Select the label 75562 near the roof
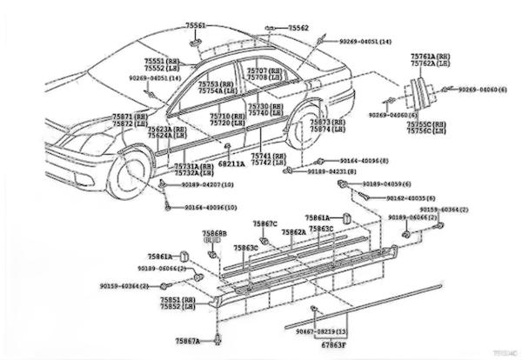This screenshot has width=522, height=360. click(x=299, y=28)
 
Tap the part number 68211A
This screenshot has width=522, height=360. click(x=231, y=163)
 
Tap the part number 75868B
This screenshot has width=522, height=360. click(x=215, y=234)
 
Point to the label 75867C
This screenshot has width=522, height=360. click(x=265, y=224)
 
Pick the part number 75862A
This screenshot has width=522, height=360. click(x=293, y=232)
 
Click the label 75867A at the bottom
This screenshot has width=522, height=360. click(x=187, y=340)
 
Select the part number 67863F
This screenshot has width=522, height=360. click(x=331, y=345)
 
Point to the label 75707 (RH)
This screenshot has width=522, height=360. click(x=264, y=70)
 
